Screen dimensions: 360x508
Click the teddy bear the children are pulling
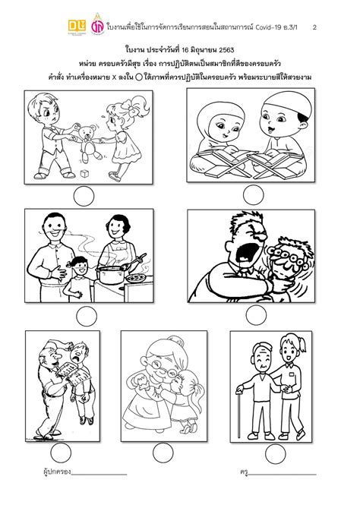pos(87,143)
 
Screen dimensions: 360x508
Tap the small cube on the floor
pos(84,174)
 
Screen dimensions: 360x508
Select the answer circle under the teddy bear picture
pos(84,197)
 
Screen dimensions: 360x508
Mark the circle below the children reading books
pos(254,195)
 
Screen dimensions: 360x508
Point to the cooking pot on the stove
pos(111,275)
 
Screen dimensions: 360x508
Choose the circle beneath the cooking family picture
pos(87,316)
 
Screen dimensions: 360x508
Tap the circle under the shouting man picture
pos(256,315)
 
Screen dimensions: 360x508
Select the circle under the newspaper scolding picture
pos(61,453)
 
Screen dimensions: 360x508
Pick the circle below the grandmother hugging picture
pos(163,453)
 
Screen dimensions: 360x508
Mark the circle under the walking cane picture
pos(276,453)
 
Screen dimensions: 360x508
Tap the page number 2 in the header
pos(314,27)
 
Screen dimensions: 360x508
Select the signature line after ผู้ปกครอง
pos(99,475)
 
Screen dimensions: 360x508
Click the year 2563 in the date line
pos(226,50)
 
